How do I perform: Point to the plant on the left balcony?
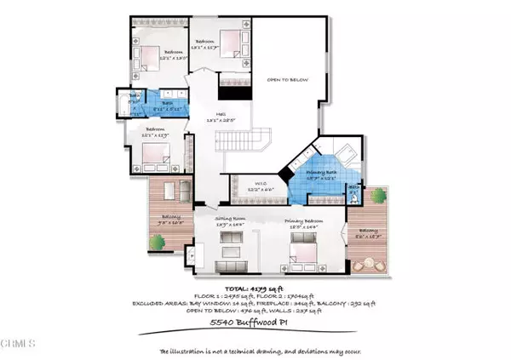tap(158, 245)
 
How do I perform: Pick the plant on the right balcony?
tap(376, 197)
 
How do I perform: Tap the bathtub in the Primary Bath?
tap(348, 157)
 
